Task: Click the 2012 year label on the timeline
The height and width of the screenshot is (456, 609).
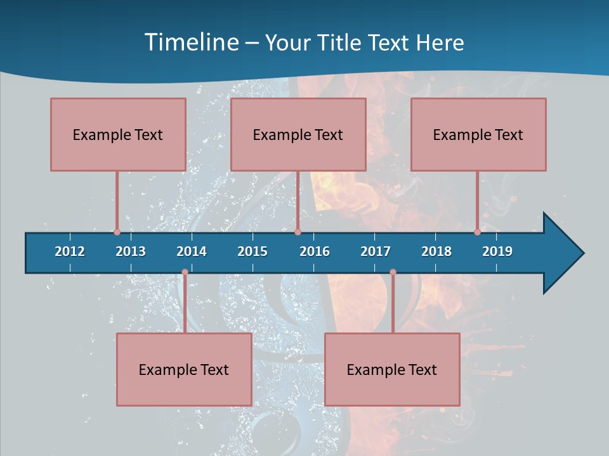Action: tap(70, 251)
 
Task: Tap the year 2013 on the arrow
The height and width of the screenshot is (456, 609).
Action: tap(131, 251)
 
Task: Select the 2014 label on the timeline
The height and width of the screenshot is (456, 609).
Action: tap(192, 251)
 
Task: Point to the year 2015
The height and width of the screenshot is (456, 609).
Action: tap(252, 251)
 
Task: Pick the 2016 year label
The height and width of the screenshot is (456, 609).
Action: tap(315, 251)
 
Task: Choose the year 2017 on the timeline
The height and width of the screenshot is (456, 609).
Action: tap(376, 251)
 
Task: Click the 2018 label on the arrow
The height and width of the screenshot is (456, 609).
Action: tap(436, 251)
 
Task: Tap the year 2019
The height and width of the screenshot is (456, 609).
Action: tap(497, 251)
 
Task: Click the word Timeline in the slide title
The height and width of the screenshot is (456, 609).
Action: tap(190, 42)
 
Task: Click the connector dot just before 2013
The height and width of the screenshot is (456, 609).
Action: tap(117, 232)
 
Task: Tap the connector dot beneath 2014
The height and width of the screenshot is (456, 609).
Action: tap(185, 272)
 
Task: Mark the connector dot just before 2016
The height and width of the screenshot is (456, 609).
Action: tap(298, 232)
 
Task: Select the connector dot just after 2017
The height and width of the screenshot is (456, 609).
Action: tap(393, 272)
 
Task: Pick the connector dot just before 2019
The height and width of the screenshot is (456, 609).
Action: tap(478, 232)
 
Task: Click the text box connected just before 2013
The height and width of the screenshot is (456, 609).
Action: tap(118, 134)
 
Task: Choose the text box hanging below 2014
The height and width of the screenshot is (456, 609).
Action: tap(184, 369)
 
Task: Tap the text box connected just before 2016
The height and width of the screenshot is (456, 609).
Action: tap(298, 134)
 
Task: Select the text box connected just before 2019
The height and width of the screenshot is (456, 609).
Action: tap(478, 134)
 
